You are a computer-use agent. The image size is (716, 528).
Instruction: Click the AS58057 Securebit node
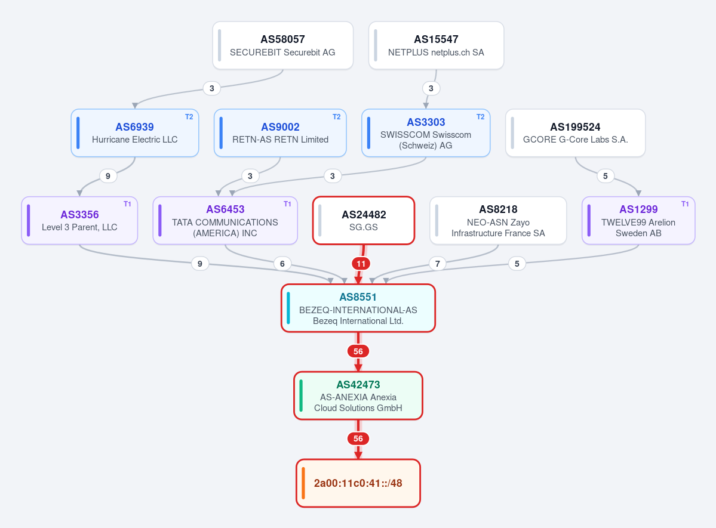(x=282, y=45)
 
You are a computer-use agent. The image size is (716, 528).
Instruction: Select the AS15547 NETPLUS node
(x=436, y=45)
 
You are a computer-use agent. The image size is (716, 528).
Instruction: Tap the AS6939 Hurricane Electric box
(x=135, y=133)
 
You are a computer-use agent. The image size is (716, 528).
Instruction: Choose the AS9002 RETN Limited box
(x=280, y=133)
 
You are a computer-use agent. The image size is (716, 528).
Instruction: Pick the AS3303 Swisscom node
(x=426, y=133)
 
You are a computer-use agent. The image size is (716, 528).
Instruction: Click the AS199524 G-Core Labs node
(x=575, y=133)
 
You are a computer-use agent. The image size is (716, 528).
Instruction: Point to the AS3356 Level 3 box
(x=79, y=220)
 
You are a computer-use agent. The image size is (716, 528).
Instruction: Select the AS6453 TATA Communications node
(x=225, y=220)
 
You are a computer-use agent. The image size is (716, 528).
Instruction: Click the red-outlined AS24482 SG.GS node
(x=364, y=220)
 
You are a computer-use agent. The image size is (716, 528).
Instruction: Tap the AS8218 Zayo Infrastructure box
(x=498, y=220)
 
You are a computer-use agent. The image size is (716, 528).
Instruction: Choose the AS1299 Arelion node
(x=638, y=220)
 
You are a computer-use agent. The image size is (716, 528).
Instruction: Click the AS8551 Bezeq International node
(x=358, y=308)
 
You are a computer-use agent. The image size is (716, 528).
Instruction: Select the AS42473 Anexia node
(x=358, y=396)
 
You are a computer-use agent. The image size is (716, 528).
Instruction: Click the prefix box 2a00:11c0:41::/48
(x=358, y=483)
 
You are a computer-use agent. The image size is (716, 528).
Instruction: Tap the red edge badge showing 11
(x=361, y=264)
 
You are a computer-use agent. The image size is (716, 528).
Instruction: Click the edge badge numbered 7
(x=438, y=264)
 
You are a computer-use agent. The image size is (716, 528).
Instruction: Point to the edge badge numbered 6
(x=282, y=264)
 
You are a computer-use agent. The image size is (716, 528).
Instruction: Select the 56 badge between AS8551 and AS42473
(x=358, y=351)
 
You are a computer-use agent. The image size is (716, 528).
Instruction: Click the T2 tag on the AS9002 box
(x=337, y=117)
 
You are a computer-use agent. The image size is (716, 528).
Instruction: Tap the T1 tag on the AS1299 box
(x=685, y=204)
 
